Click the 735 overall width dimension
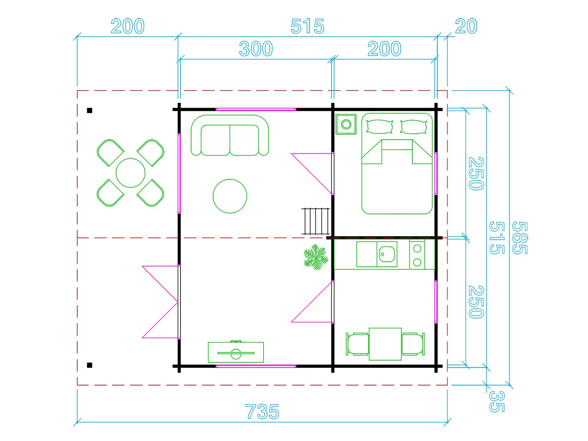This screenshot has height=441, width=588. tap(262, 412)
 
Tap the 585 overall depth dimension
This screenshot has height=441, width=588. tap(519, 238)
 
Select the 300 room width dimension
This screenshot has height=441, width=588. tap(256, 49)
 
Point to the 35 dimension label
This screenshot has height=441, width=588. tap(496, 402)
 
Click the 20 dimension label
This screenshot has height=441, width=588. tap(466, 26)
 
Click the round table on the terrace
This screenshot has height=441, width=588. tap(130, 173)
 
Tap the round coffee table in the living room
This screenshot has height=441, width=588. tap(230, 196)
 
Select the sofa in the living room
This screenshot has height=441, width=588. tap(230, 135)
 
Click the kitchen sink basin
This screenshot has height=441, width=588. tap(387, 254)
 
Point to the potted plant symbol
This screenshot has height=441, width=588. tap(316, 257)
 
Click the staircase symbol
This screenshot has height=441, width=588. tap(316, 221)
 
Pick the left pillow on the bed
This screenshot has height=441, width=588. tap(380, 127)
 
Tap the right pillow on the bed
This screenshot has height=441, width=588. tap(413, 127)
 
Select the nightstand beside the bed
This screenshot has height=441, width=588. tap(346, 125)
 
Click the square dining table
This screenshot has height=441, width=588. tap(385, 344)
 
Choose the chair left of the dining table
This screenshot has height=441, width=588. tap(357, 344)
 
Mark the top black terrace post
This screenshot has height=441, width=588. tap(89, 110)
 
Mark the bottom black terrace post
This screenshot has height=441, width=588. tap(89, 365)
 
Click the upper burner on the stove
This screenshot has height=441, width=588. tap(417, 249)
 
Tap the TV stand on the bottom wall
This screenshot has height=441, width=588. tap(236, 352)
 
